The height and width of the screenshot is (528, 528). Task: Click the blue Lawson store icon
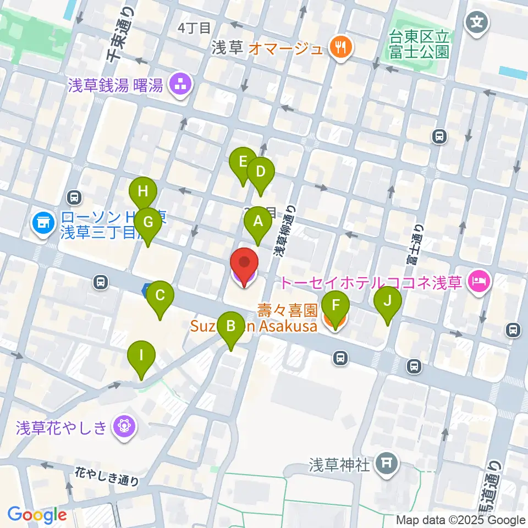[x=41, y=223]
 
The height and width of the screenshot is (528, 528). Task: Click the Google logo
[x=37, y=514]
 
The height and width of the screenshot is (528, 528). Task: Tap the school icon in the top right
[x=475, y=22]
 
